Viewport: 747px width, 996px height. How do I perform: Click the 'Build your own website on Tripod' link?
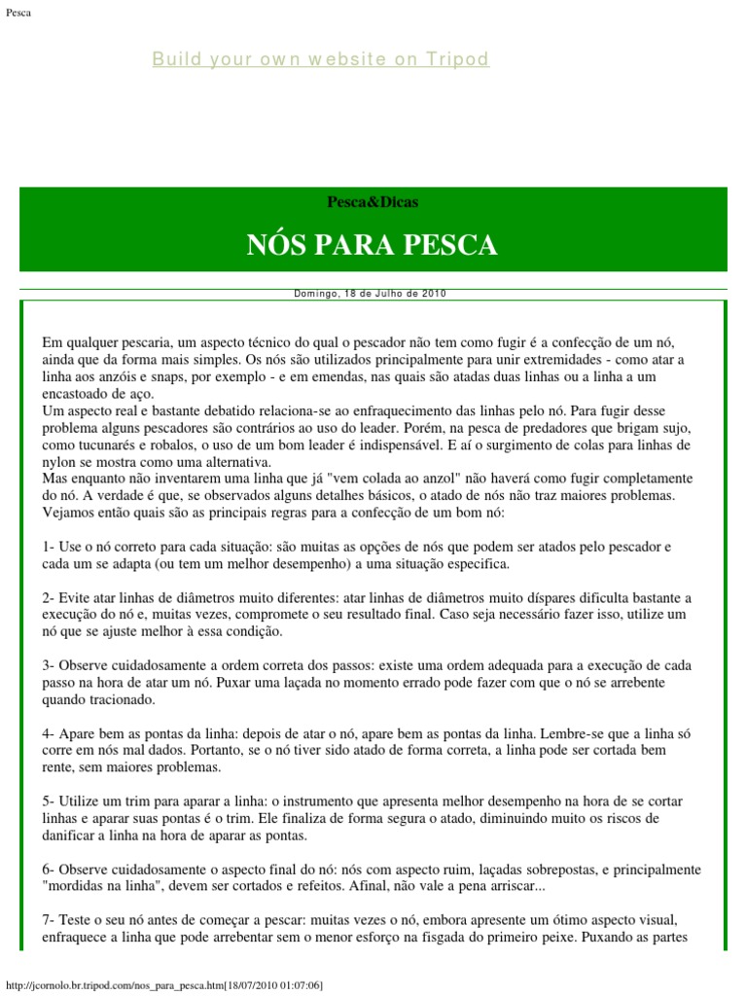(x=320, y=59)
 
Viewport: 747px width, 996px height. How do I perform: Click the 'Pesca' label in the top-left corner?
(x=18, y=12)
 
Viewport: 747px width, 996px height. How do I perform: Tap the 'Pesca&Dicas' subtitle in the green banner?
(x=373, y=202)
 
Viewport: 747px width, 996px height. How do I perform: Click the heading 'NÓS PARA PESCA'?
(x=373, y=244)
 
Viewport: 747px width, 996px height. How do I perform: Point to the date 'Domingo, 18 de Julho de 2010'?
(x=370, y=293)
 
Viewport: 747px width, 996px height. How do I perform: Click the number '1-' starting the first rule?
(x=49, y=547)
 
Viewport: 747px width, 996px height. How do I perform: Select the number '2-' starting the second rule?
(x=49, y=597)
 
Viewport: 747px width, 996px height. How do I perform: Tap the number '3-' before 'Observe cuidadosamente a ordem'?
(x=49, y=665)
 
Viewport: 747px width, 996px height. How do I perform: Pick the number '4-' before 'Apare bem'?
(x=49, y=732)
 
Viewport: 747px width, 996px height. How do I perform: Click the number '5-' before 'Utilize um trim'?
(x=49, y=800)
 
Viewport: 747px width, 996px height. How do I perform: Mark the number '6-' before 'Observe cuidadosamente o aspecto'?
(x=49, y=869)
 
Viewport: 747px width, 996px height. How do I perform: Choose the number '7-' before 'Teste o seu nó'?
(x=49, y=919)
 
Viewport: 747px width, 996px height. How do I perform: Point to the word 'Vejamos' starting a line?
(x=69, y=513)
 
